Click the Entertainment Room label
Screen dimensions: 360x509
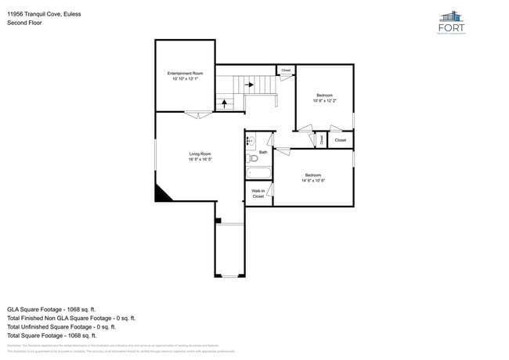point(185,74)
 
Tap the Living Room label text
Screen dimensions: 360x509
point(200,153)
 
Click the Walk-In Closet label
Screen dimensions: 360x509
point(258,193)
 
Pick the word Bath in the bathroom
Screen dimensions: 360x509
point(263,152)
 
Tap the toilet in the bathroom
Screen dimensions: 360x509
point(252,157)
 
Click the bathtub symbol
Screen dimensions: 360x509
point(257,174)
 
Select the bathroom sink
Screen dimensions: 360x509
point(250,142)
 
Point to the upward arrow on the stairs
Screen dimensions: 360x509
point(224,102)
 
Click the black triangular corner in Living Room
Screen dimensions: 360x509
point(162,194)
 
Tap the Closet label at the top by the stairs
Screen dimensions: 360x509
point(286,70)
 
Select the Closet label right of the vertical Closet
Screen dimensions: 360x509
point(340,140)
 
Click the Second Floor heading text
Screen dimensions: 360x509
point(25,23)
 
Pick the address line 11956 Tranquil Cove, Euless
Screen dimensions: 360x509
point(44,14)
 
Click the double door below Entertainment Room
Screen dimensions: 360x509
point(197,115)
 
